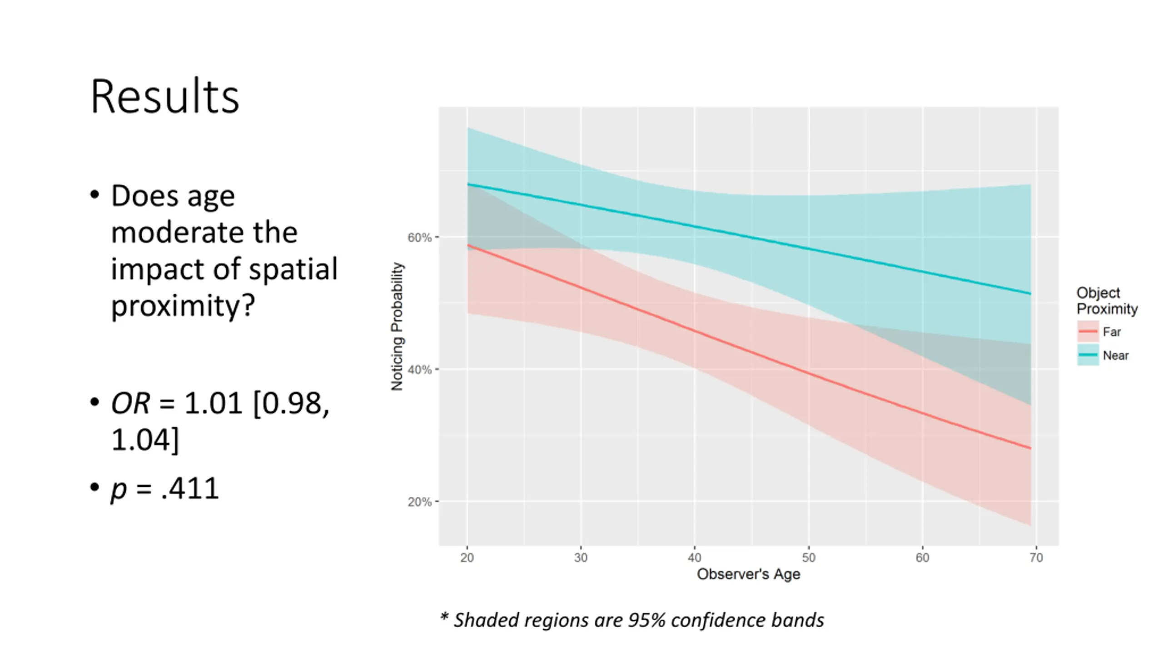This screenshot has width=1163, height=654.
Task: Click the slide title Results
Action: (x=164, y=97)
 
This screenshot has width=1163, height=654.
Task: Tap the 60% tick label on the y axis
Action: (x=419, y=238)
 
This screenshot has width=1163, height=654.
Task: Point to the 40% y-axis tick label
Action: (x=419, y=370)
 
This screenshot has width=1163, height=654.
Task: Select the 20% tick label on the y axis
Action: (x=419, y=502)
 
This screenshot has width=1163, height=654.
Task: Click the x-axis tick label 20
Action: (x=467, y=558)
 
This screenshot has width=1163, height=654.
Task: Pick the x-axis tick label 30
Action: (x=581, y=558)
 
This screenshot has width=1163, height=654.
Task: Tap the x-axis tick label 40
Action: (x=695, y=558)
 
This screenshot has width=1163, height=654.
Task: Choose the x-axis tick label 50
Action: (x=809, y=558)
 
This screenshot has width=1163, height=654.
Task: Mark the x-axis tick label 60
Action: (x=922, y=558)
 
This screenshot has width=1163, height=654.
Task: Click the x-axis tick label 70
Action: (x=1036, y=558)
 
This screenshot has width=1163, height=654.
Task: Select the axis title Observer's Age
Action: (x=748, y=575)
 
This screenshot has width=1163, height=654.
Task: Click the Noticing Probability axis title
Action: (x=397, y=326)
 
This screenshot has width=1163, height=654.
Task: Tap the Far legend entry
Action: (x=1111, y=332)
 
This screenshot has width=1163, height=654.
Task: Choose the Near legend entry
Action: (x=1115, y=356)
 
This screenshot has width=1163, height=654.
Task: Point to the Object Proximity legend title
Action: (x=1106, y=301)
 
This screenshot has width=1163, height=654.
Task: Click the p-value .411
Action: (x=190, y=489)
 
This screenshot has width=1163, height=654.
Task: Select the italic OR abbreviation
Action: (x=130, y=403)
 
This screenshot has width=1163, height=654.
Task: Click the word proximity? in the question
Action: (x=183, y=306)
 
